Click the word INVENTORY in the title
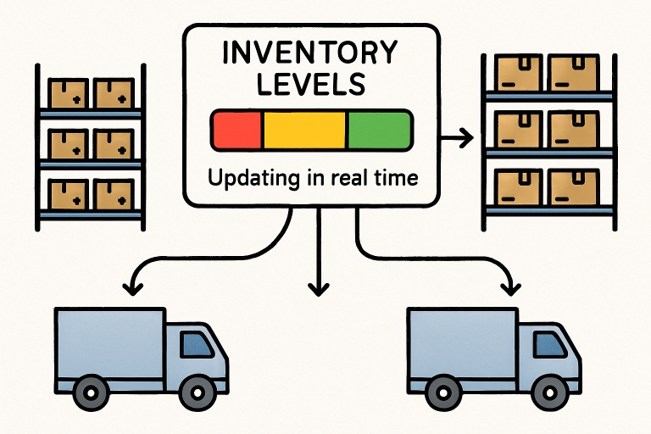(310, 53)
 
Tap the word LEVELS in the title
(310, 84)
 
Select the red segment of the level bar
(237, 129)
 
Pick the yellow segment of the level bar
(305, 129)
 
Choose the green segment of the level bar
(378, 129)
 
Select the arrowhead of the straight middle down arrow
(318, 287)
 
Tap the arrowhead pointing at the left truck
(131, 288)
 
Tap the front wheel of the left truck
(198, 392)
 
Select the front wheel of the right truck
(550, 392)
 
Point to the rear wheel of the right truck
(442, 392)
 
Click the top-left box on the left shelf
(69, 92)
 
